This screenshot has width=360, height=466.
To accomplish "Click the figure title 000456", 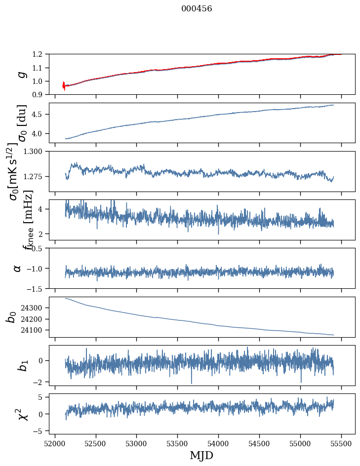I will (x=197, y=9).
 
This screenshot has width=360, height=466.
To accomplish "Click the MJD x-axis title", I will (x=201, y=455).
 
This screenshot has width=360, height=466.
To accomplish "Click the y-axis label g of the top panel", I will (x=21, y=74).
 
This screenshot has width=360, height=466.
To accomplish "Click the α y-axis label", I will (x=17, y=268).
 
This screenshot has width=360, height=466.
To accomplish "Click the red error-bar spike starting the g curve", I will (x=64, y=86).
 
